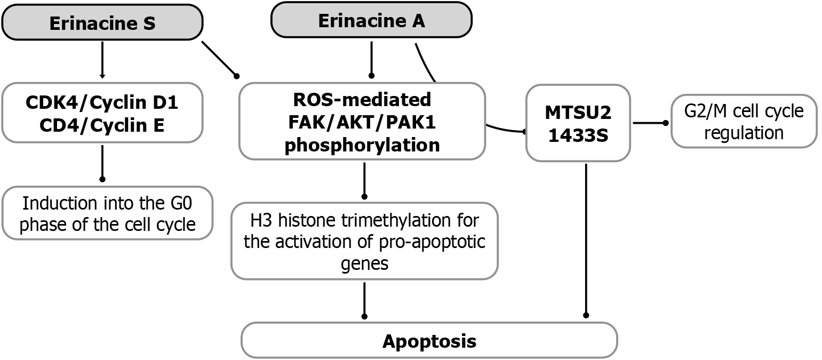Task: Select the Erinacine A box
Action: (371, 21)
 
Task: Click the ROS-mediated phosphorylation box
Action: (362, 121)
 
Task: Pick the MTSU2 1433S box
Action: (578, 123)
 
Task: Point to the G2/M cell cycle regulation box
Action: (744, 121)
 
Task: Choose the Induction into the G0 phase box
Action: (107, 213)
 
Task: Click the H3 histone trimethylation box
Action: (364, 241)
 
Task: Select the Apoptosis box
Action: (429, 340)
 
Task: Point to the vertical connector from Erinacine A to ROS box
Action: (371, 58)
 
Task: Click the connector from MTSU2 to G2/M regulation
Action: (650, 123)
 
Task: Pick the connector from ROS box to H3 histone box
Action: (364, 180)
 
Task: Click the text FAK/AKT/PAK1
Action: (362, 122)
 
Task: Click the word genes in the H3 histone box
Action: (364, 263)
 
